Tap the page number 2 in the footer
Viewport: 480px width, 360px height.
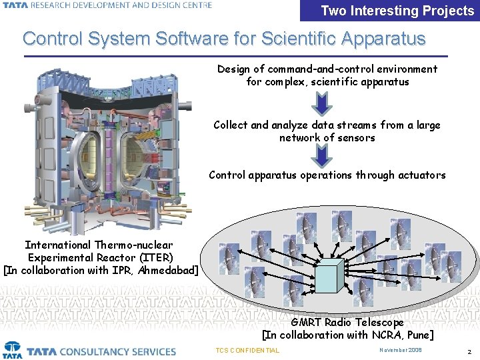pyautogui.click(x=469, y=351)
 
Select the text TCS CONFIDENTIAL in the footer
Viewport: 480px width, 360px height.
pyautogui.click(x=248, y=351)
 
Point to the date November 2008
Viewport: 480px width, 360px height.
pyautogui.click(x=401, y=350)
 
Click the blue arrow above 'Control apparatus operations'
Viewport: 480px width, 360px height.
pyautogui.click(x=322, y=155)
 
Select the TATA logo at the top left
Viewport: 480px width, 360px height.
pyautogui.click(x=13, y=5)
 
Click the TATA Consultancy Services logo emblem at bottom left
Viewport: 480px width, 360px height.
pyautogui.click(x=13, y=350)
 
